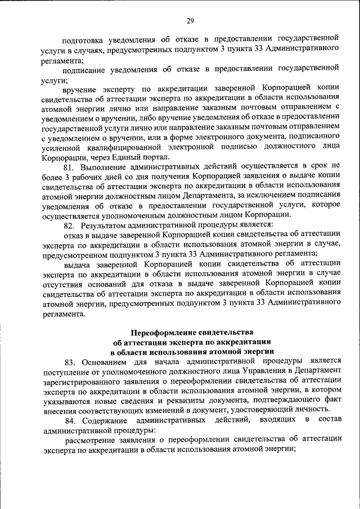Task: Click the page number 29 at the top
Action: [190, 21]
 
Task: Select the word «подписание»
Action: [85, 69]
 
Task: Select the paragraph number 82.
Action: [69, 225]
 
